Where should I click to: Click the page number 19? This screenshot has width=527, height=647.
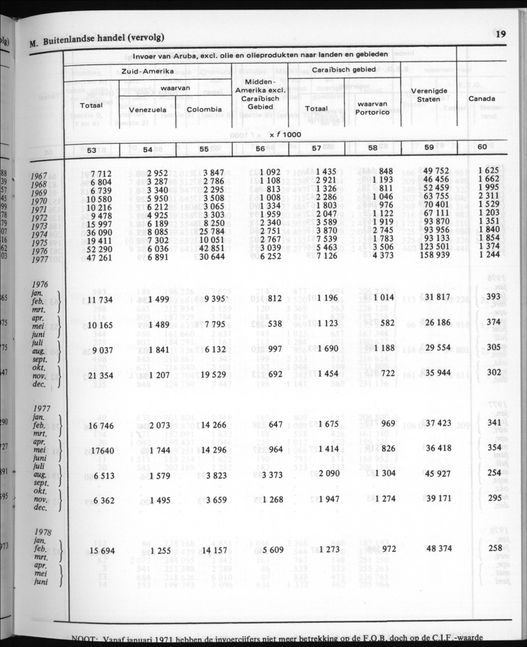(x=500, y=34)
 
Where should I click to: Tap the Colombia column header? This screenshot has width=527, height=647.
(x=204, y=110)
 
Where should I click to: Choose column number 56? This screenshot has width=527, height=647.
(x=261, y=149)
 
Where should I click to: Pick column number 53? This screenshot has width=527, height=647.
(x=91, y=149)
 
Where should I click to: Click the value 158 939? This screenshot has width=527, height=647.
(x=433, y=255)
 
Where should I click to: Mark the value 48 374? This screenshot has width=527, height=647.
(x=436, y=548)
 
